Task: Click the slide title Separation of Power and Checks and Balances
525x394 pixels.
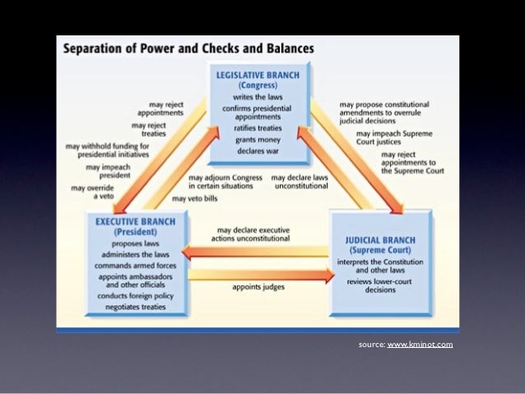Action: (188, 48)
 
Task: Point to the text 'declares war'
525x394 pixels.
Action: (258, 152)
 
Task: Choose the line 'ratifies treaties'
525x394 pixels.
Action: (258, 127)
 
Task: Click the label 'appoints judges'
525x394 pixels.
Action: (258, 288)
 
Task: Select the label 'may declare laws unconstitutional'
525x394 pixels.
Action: (300, 181)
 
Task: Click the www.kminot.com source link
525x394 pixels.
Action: (420, 344)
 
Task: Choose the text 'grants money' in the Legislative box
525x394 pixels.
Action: (258, 140)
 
